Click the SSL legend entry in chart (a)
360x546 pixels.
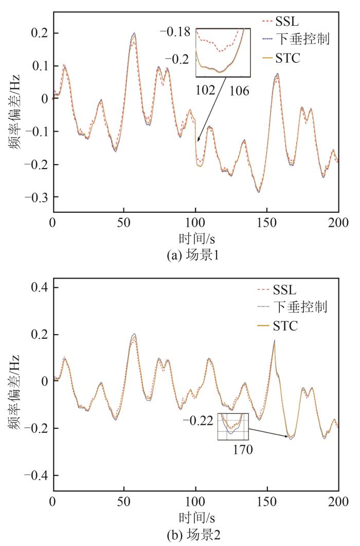280,22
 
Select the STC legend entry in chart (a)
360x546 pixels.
281,58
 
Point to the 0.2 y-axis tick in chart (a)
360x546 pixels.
40,33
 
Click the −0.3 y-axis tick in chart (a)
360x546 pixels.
36,197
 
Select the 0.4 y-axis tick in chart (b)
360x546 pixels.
40,287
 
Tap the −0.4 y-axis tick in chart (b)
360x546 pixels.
36,476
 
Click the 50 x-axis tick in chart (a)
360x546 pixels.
124,223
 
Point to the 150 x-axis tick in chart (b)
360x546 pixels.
267,502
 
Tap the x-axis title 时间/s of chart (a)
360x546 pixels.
196,239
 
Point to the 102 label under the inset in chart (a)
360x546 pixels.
205,90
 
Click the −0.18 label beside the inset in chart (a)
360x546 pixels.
175,32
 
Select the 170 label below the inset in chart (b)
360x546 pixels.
243,449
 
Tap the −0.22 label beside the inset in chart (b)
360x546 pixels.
198,421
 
